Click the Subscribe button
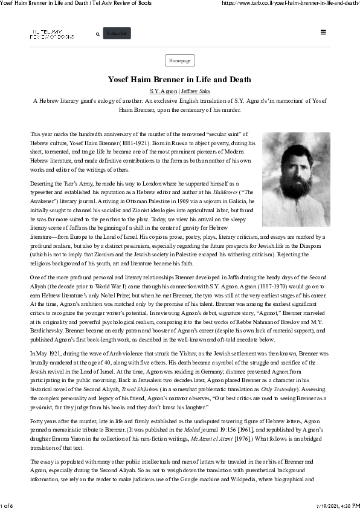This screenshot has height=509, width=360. [117, 34]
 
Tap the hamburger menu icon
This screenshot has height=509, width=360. [324, 33]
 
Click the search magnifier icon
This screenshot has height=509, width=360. [98, 34]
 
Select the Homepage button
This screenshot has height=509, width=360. [179, 60]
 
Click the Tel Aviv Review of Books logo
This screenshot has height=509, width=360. [52, 34]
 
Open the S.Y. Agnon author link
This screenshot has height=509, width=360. [164, 91]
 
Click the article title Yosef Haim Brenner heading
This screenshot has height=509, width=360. [179, 80]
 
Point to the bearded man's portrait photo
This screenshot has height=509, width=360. [296, 180]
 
